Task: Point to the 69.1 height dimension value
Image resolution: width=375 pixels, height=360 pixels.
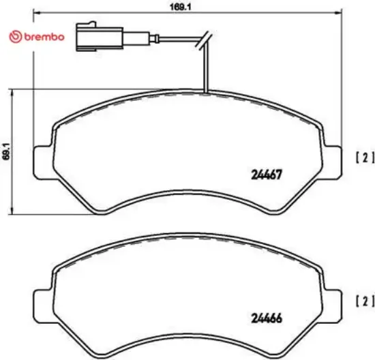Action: coord(5,151)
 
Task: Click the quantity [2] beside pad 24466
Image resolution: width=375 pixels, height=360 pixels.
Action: coord(365,300)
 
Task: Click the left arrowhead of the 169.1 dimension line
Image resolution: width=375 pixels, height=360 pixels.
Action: coord(36,13)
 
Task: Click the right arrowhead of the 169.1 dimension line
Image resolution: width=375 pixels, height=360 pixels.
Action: coord(340,13)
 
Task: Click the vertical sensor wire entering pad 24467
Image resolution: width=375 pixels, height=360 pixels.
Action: coord(205,72)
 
